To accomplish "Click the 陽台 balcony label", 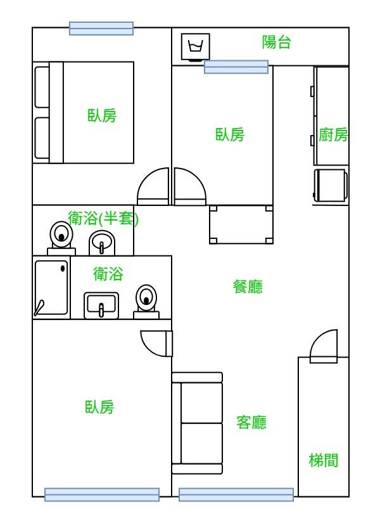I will coord(276,42).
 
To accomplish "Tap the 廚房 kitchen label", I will coord(333,134).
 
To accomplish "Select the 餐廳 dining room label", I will coord(248,286).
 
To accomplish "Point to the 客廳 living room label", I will coord(251,422).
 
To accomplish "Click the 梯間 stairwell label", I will coord(323,460).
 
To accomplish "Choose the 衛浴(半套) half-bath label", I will coord(103,219).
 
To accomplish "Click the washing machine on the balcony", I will coord(196,47).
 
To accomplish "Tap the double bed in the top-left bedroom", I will coord(84,112).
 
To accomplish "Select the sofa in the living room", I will coord(197,423).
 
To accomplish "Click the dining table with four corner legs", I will coord(241,224).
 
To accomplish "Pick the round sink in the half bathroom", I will coord(101,242).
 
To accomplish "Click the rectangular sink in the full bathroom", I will coord(101,306).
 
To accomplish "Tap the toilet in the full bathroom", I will coord(146,300).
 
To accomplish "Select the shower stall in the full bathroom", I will coord(51,288).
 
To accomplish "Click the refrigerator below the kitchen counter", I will coord(331,185).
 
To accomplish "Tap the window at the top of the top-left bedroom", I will coord(101,29).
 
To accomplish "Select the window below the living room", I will coord(236,494).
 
